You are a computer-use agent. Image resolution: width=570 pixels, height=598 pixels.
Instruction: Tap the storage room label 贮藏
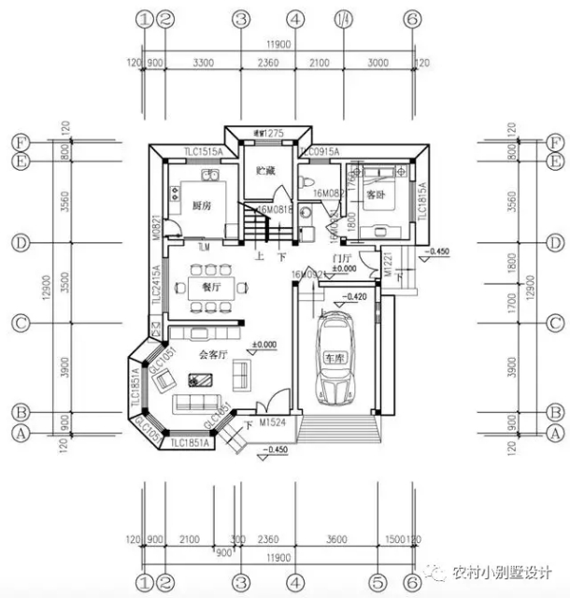click(x=265, y=171)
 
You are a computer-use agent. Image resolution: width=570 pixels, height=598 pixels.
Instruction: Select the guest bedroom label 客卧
click(x=376, y=196)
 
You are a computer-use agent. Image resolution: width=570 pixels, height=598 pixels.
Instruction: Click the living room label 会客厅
click(x=216, y=355)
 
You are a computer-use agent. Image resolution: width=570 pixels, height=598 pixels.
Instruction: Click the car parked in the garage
click(x=334, y=359)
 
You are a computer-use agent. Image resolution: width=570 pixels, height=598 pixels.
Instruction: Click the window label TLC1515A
click(x=203, y=150)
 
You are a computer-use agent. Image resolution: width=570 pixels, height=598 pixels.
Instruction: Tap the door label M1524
click(x=273, y=422)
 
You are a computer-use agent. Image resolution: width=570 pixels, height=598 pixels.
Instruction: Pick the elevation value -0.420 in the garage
click(x=353, y=297)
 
